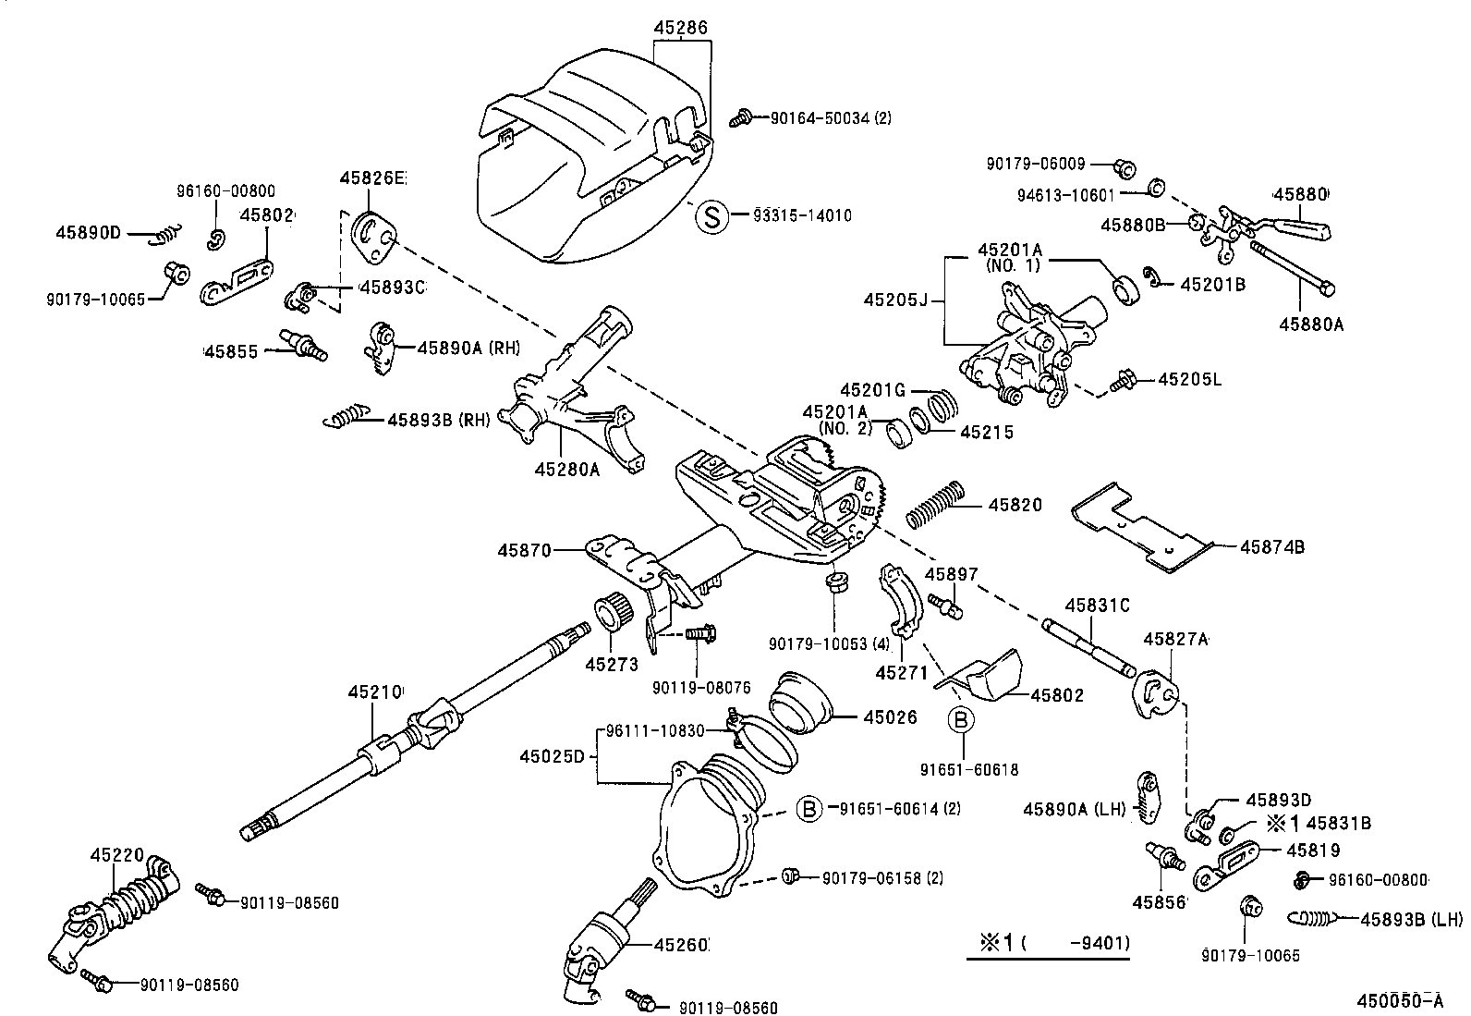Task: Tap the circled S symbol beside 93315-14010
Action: (x=711, y=216)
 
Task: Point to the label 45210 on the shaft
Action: (x=375, y=692)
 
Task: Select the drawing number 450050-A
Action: (x=1399, y=1000)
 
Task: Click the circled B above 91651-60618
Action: (x=960, y=720)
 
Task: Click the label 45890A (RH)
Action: (x=468, y=348)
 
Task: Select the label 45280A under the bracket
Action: (x=566, y=470)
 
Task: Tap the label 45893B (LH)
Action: (x=1411, y=919)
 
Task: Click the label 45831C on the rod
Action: (x=1097, y=606)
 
